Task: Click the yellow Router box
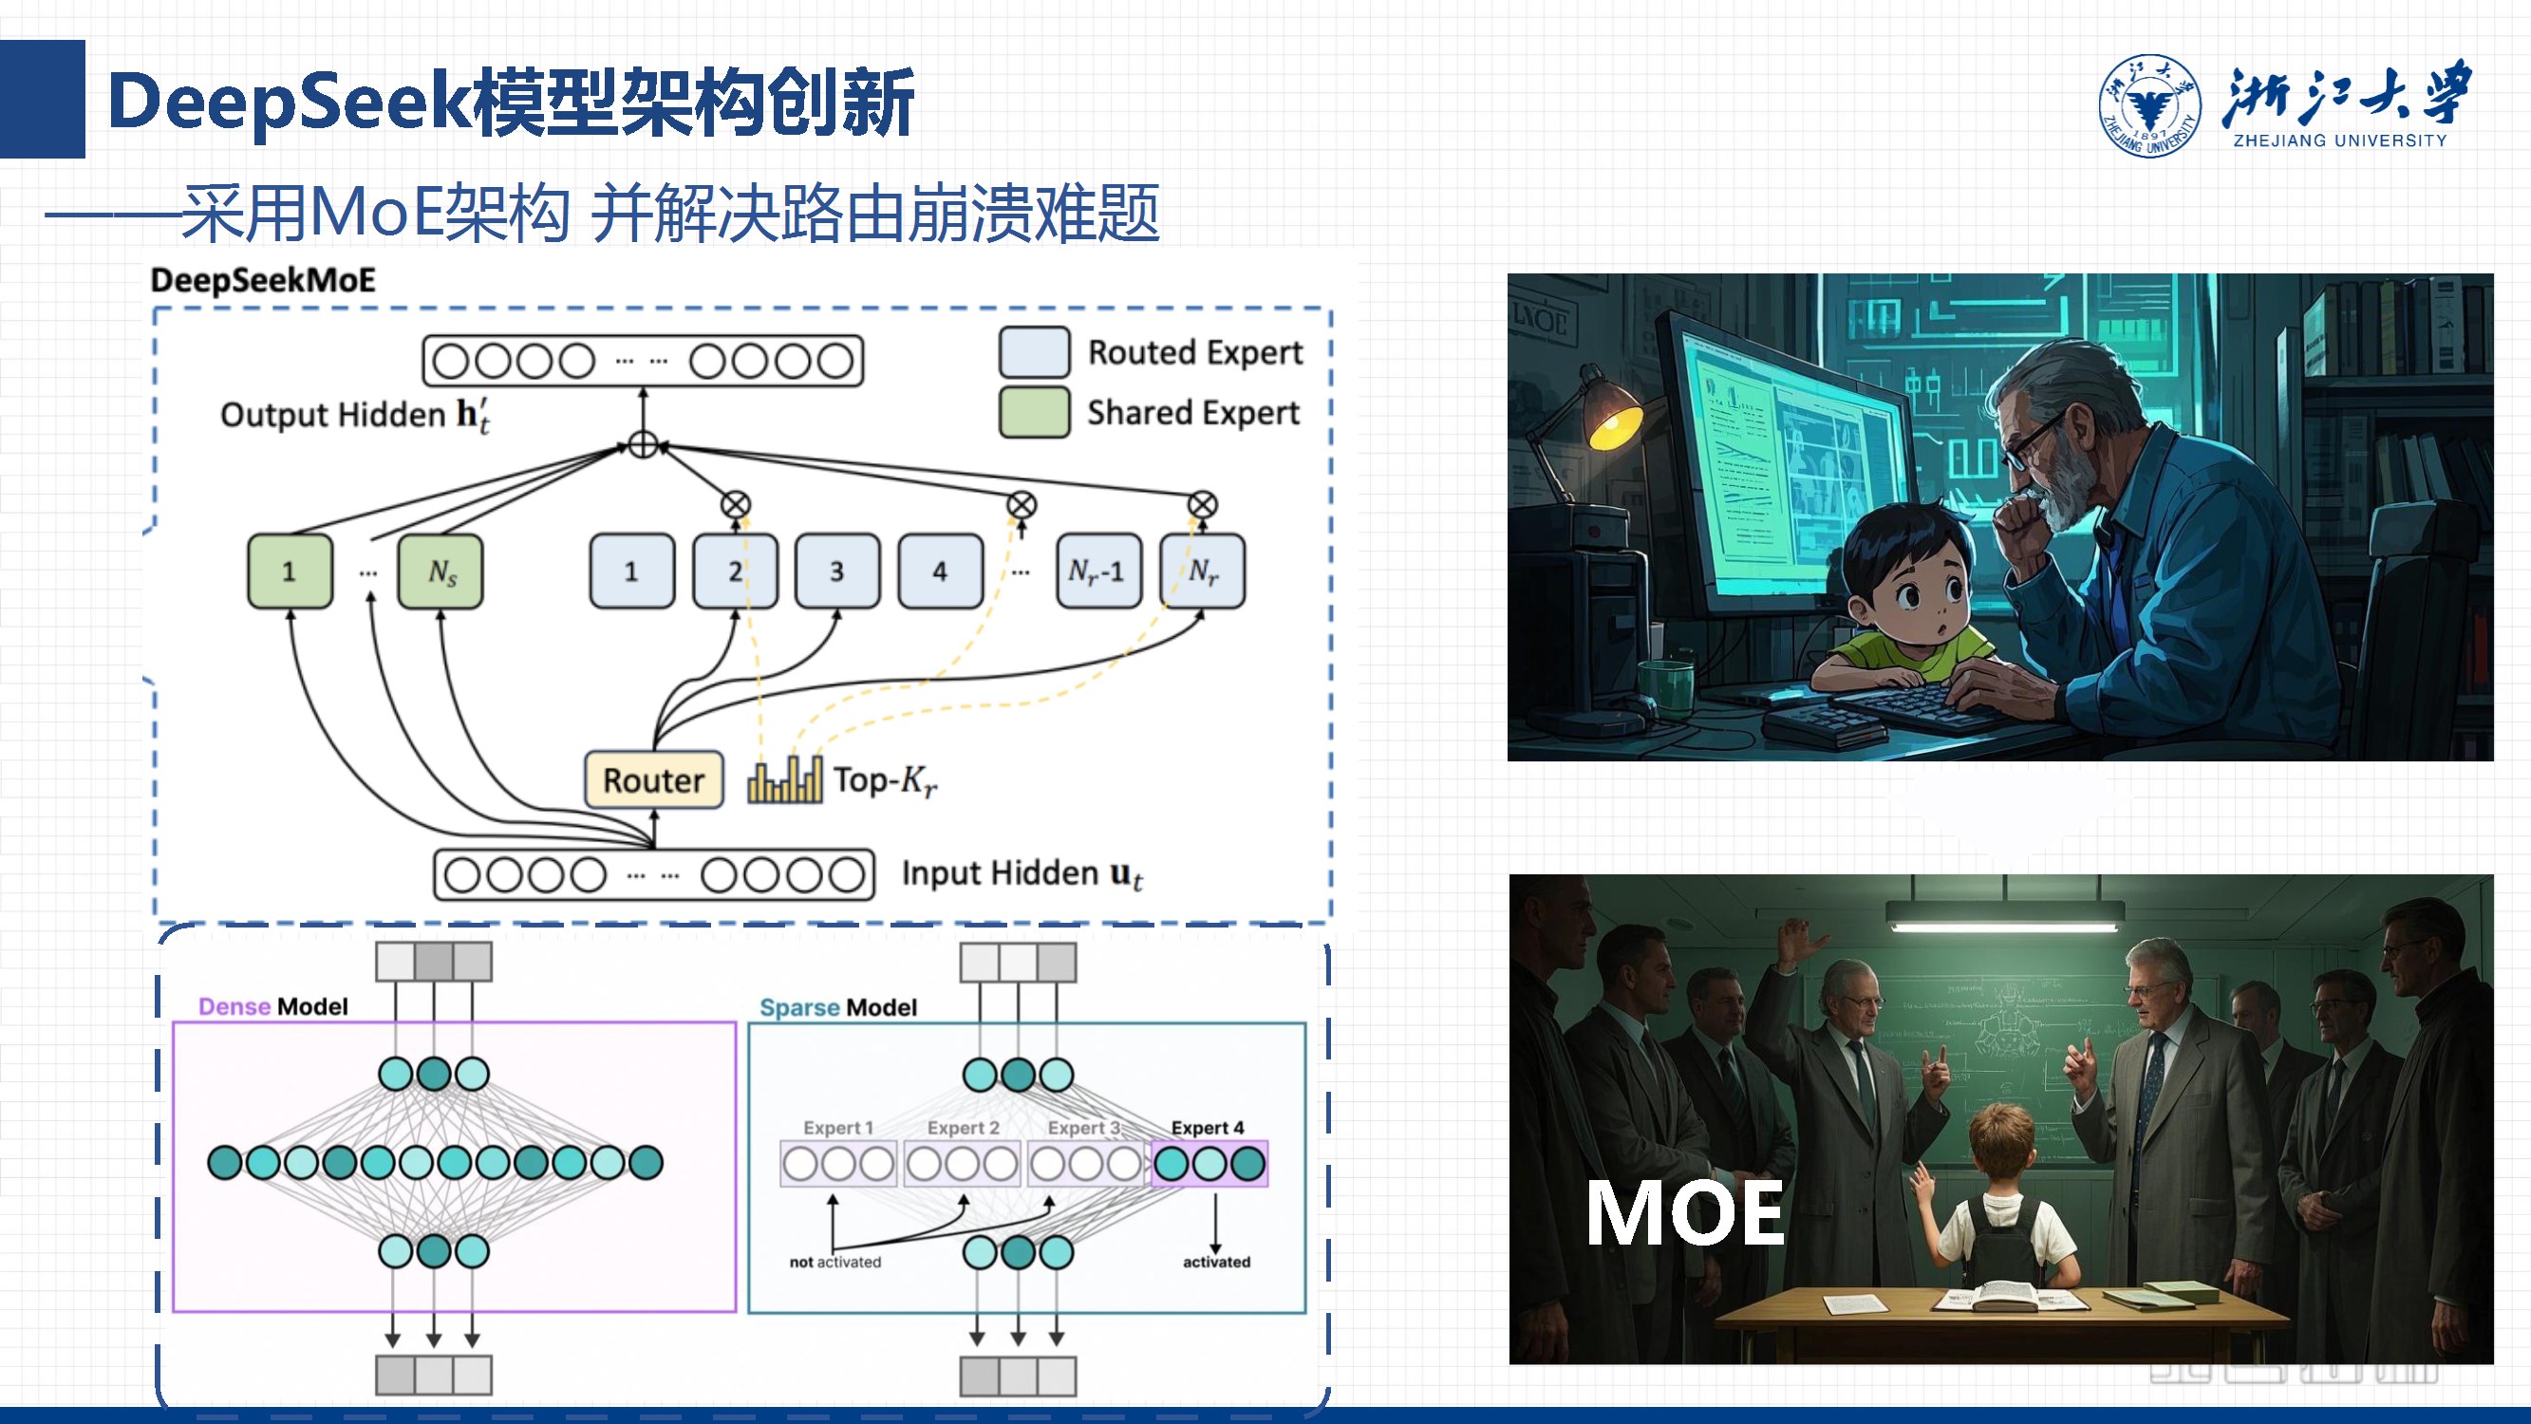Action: coord(653,780)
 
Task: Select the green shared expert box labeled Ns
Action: coord(441,571)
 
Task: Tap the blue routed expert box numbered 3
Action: coord(837,571)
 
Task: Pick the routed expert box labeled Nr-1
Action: coord(1098,571)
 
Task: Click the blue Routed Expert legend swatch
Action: coord(1034,353)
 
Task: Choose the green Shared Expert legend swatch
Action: coord(1034,413)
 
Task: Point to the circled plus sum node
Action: coord(643,445)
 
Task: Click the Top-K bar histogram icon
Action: coord(784,780)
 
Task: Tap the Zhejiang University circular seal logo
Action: coord(2148,105)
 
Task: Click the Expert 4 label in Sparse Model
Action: coord(1208,1127)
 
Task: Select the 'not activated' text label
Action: coord(835,1262)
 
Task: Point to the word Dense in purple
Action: coord(234,1006)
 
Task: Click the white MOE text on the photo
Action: coord(1684,1213)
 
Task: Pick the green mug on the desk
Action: coord(1666,683)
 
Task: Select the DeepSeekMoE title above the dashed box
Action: coord(262,281)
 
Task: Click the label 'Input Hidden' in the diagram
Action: coord(1000,872)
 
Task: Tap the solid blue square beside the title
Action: coord(43,100)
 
